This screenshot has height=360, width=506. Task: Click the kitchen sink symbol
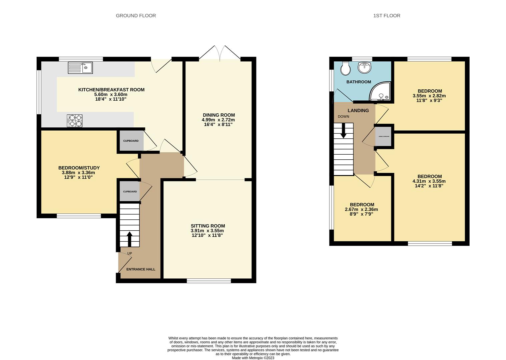tap(80, 68)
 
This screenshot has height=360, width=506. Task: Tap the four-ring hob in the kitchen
tap(75, 121)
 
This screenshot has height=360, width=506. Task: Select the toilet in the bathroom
tap(345, 69)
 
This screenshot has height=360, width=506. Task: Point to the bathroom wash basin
tap(365, 68)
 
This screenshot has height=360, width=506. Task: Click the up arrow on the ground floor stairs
tap(129, 239)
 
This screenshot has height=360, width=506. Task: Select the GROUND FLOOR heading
tap(136, 16)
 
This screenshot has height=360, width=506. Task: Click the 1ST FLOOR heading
tap(387, 16)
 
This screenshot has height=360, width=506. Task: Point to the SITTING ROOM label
tap(207, 226)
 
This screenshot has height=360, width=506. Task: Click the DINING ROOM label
tap(218, 115)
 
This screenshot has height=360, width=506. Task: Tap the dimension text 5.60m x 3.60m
tap(111, 94)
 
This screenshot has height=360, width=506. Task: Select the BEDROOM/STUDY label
tap(79, 168)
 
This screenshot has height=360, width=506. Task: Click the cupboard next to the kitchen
tap(130, 141)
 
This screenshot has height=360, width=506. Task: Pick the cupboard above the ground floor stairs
tap(129, 192)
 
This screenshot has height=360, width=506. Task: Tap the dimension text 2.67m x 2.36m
tap(361, 209)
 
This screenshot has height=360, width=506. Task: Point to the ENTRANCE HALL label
tap(141, 269)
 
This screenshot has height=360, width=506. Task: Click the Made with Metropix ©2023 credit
tap(253, 358)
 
